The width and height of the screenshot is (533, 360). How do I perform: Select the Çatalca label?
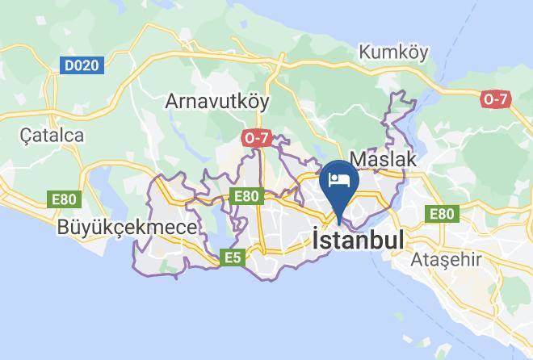(52, 136)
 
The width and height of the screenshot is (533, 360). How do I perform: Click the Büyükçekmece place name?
(127, 228)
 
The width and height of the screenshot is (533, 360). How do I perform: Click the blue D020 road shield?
(81, 65)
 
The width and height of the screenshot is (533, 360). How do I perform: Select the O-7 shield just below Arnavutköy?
(255, 139)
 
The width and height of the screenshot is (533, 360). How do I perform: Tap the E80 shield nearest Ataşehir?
(442, 213)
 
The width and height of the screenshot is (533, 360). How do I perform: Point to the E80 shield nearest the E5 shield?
(246, 196)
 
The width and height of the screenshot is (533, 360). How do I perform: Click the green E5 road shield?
(233, 257)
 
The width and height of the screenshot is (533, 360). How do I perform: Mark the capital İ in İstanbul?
(316, 240)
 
